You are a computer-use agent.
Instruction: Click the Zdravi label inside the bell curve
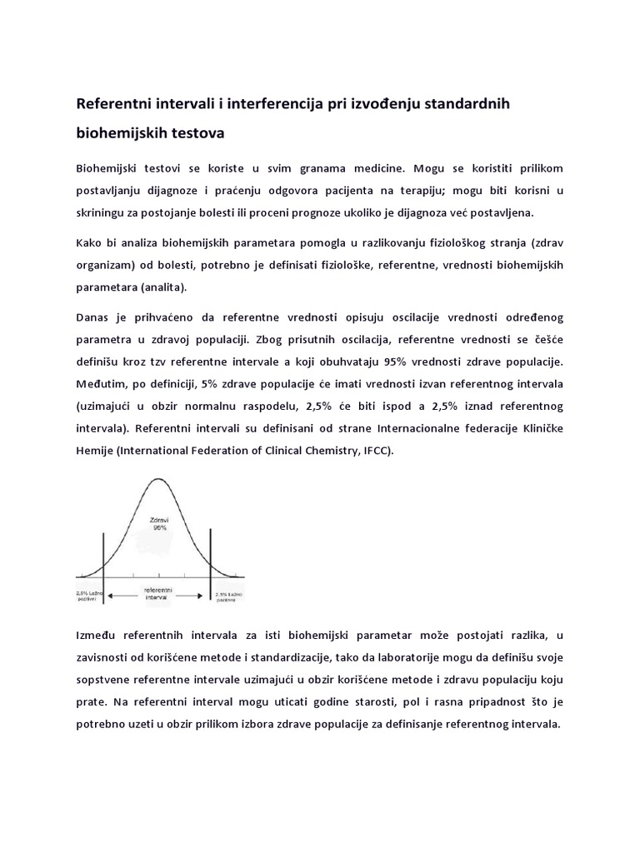coord(159,519)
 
